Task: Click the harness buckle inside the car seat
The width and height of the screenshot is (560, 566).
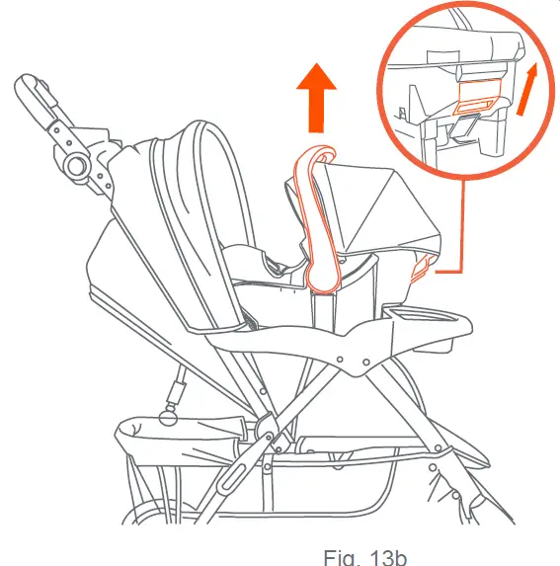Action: tap(274, 264)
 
